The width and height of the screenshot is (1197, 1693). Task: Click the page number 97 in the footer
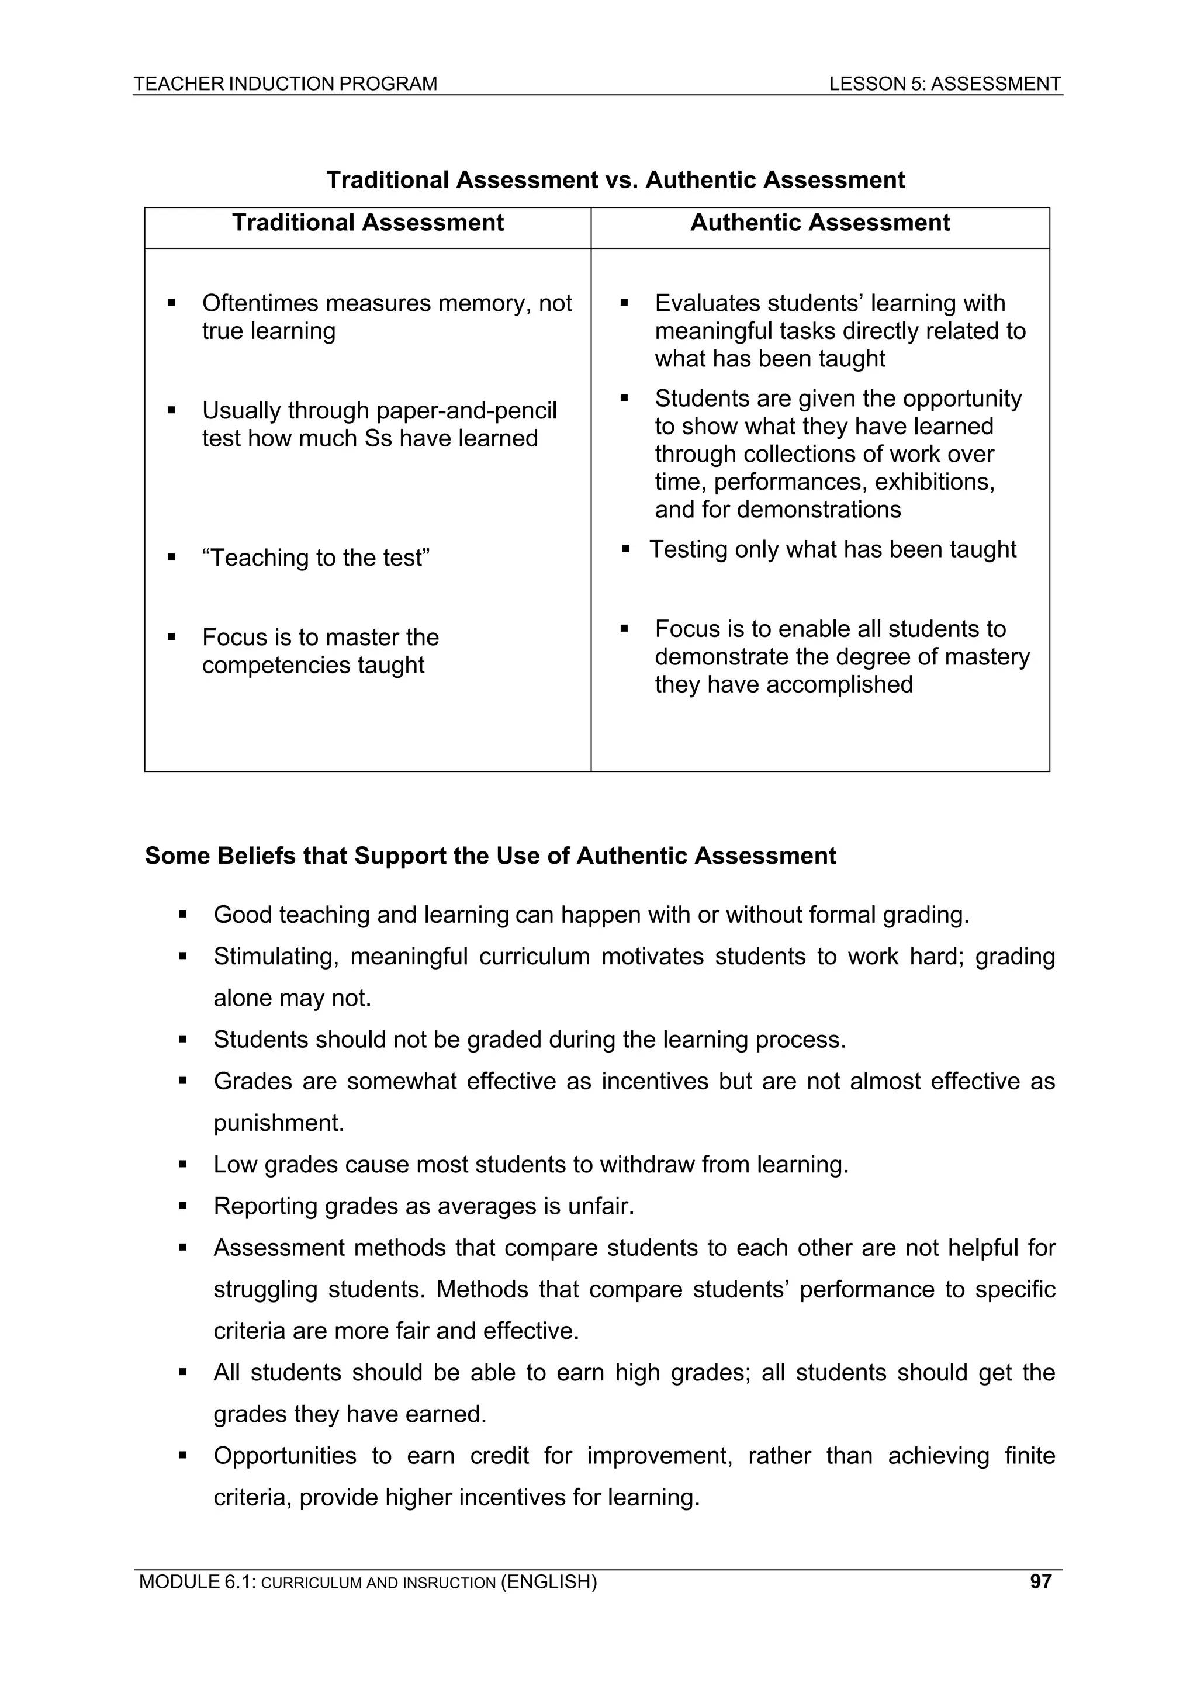(1040, 1581)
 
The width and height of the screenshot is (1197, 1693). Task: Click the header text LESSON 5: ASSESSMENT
(945, 84)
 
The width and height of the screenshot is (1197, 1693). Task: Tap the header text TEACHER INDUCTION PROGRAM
(285, 84)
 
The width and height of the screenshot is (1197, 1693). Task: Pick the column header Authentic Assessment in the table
(819, 223)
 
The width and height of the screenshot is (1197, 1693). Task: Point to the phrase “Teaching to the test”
(316, 558)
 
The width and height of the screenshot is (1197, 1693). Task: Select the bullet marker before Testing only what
(625, 549)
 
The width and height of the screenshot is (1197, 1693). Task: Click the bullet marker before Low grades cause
(183, 1164)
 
